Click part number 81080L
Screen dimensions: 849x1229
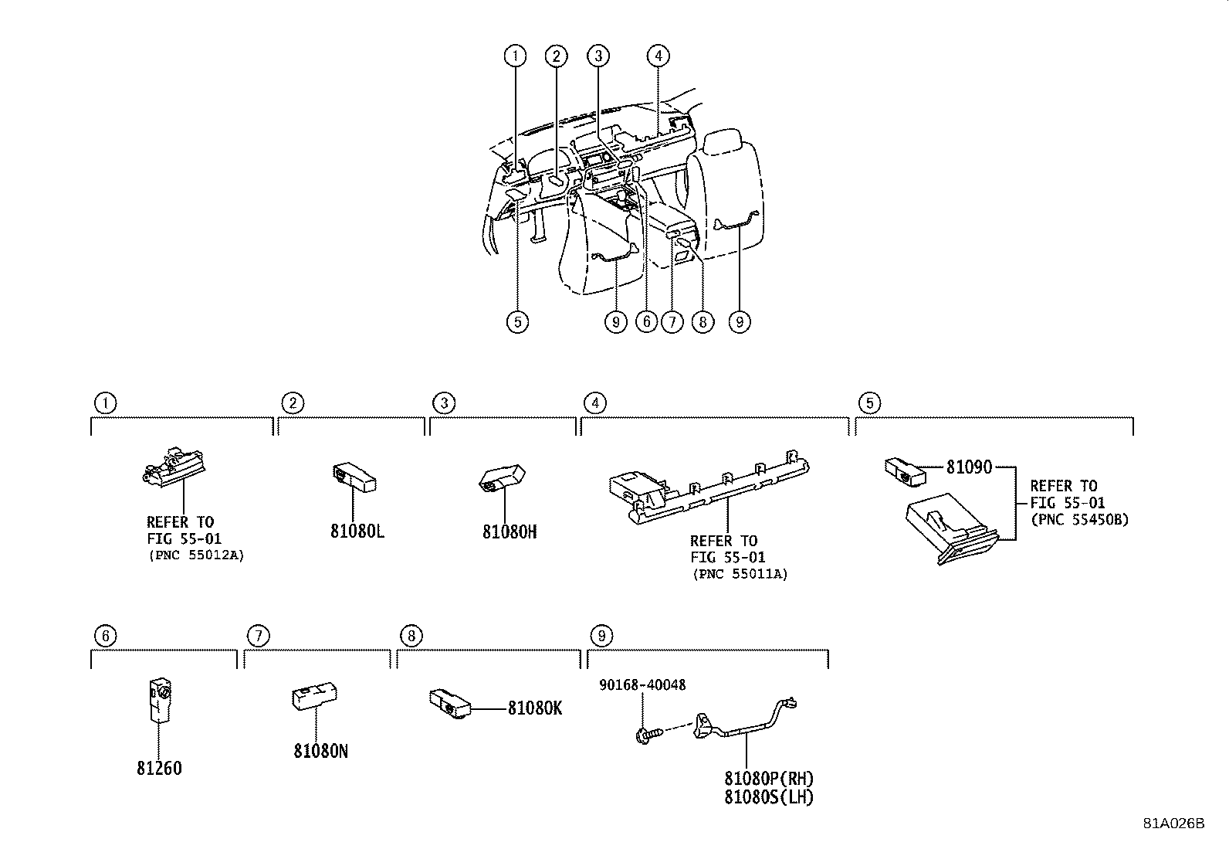357,531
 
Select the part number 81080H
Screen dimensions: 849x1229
510,531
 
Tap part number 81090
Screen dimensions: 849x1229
969,467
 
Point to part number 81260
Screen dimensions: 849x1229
160,769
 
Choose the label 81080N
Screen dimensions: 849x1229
320,750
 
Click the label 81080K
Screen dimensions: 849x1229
535,708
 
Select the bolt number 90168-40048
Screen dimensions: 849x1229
642,685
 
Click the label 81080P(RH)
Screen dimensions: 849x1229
769,779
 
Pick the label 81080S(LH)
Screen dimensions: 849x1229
769,796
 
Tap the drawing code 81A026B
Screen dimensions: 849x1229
1173,823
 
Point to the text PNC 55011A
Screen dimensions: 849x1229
740,573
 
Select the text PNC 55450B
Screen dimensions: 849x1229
1079,519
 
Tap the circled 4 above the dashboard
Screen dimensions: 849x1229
657,56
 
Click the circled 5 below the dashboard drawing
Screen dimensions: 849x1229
517,321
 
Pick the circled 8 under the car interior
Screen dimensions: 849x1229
702,321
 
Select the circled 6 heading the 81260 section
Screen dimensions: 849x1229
106,636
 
